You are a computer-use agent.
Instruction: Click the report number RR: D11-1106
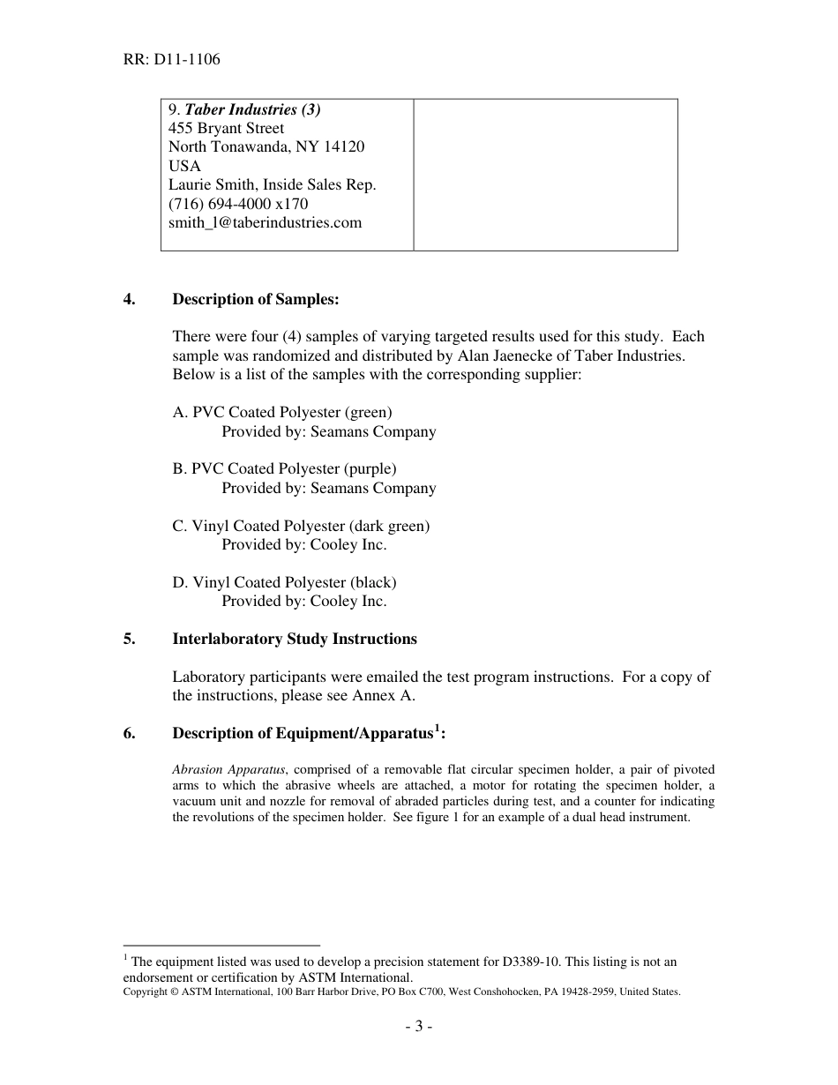[x=171, y=60]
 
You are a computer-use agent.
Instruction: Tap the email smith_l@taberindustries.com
[x=265, y=222]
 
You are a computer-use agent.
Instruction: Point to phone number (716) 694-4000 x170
[x=238, y=204]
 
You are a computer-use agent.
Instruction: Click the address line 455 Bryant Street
[x=226, y=128]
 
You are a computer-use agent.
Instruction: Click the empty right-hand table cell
[x=545, y=175]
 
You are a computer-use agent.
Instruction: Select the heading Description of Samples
[x=255, y=299]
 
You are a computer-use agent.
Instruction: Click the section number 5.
[x=130, y=639]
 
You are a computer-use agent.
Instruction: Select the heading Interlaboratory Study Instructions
[x=295, y=639]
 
